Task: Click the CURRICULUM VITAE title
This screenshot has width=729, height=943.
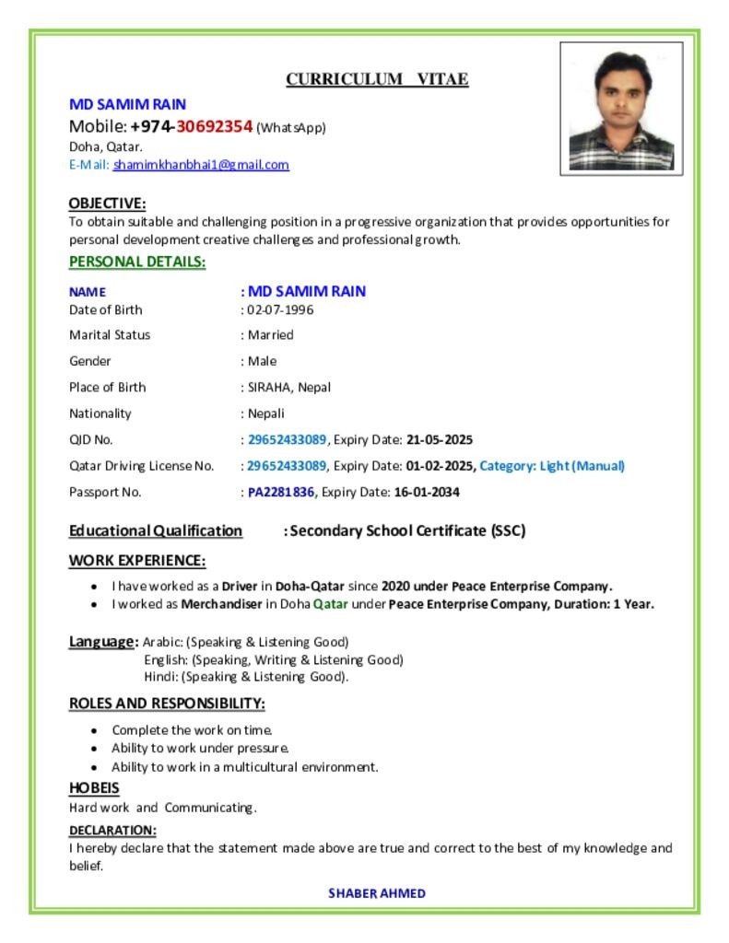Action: [377, 79]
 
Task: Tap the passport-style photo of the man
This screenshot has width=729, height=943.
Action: [621, 109]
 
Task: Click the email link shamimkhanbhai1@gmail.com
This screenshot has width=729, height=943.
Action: [201, 165]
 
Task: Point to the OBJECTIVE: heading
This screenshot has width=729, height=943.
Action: [107, 203]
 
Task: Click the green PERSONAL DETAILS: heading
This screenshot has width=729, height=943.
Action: [137, 262]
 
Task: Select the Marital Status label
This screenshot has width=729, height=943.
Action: [110, 335]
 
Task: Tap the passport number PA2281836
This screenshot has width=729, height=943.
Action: [281, 492]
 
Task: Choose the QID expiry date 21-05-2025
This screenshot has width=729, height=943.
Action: [440, 439]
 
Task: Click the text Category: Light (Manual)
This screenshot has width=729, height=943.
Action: [552, 466]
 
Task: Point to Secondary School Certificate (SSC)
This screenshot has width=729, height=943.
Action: [407, 530]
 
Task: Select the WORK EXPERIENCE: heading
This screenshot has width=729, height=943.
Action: [137, 561]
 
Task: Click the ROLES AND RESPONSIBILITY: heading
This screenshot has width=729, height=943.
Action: [167, 704]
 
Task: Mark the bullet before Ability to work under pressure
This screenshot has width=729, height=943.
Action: [96, 749]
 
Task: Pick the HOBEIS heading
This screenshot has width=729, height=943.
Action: [94, 788]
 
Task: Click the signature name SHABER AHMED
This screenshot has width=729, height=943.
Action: [377, 893]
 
